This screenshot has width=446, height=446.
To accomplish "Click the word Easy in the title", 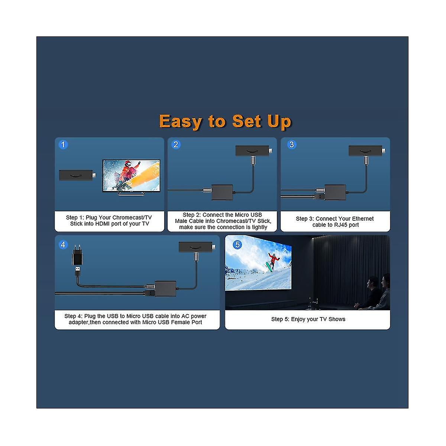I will coord(181,122).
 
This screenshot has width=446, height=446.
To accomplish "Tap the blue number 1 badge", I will coord(63,145).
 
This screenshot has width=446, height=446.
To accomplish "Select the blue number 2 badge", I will coord(176,145).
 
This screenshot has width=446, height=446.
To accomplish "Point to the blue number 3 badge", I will coord(292,145).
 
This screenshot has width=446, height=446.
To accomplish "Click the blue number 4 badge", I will coord(63,245).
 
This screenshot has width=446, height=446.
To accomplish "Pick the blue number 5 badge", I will coord(237,245).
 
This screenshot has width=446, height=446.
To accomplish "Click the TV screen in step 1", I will coord(131,175).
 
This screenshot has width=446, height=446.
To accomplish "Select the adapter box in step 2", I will coord(222,192).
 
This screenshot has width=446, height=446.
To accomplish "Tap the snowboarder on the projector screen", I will coord(272,261).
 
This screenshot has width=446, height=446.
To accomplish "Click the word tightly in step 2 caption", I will coord(259,227).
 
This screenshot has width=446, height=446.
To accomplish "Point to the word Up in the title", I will coord(279,122).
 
